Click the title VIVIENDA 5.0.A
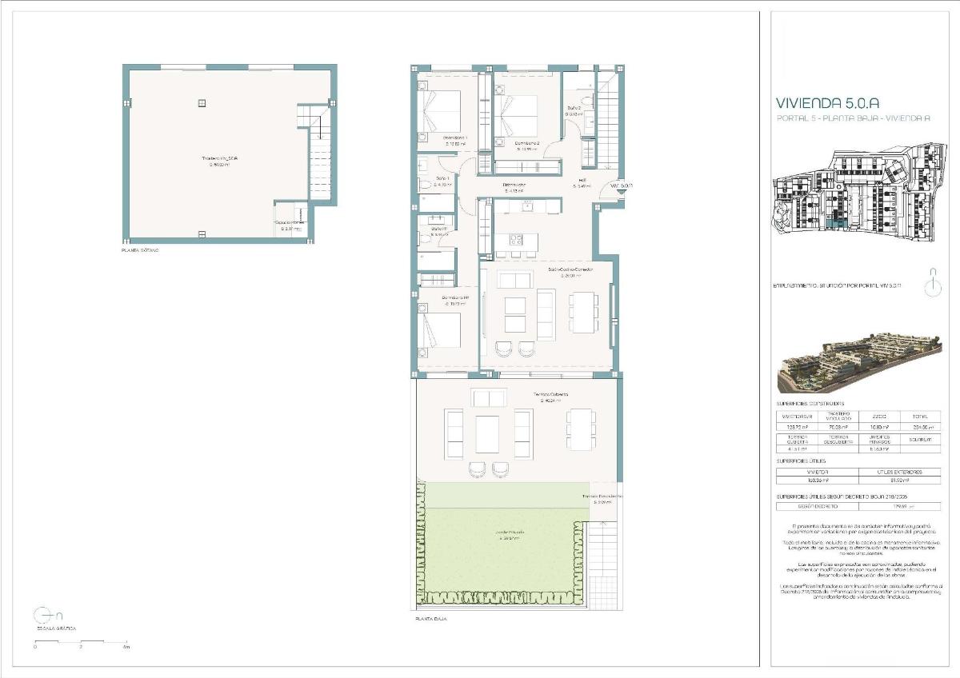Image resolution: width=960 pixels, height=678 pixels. point(828,102)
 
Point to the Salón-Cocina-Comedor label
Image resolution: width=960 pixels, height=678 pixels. point(570,270)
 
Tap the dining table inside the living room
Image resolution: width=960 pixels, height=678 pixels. point(582,313)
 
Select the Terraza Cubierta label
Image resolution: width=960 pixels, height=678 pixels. point(551,396)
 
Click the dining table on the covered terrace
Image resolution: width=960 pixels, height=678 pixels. point(580,429)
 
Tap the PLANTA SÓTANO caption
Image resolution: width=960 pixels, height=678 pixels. point(140,250)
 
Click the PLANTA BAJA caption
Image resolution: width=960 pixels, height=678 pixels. point(430,619)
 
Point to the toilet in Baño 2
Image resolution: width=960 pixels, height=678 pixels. point(587,102)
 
